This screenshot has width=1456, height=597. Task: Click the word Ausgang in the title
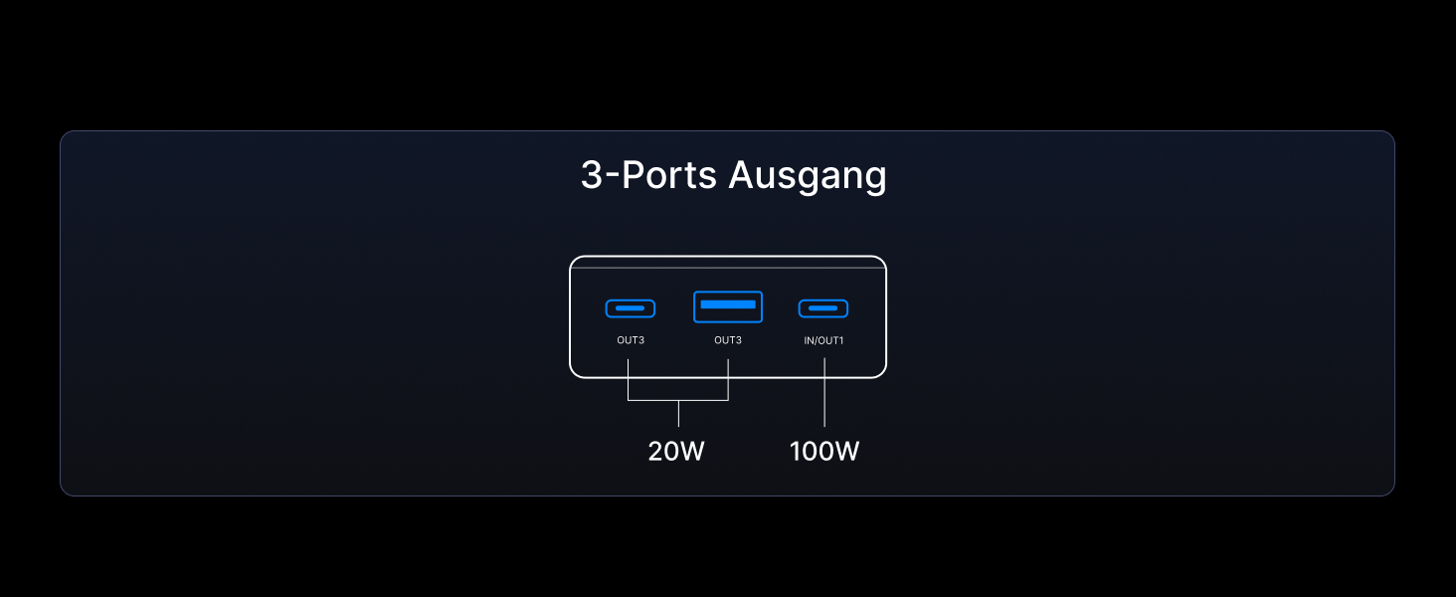click(807, 176)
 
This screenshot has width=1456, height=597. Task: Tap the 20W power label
click(676, 452)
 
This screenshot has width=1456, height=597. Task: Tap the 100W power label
click(824, 452)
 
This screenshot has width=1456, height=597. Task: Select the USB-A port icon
click(728, 306)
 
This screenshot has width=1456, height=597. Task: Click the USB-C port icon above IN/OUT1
click(823, 308)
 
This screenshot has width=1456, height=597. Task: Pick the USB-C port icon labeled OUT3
click(631, 308)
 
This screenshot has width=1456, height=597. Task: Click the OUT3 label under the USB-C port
click(631, 340)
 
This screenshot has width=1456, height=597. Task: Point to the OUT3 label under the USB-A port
click(728, 340)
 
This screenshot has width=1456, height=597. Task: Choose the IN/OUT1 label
click(823, 340)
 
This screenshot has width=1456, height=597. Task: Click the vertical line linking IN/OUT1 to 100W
click(824, 393)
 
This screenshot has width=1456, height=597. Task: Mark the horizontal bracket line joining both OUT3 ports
click(678, 400)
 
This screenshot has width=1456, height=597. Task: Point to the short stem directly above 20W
click(678, 414)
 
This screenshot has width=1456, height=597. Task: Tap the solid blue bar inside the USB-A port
click(728, 302)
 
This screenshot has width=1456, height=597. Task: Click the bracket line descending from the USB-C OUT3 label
click(629, 380)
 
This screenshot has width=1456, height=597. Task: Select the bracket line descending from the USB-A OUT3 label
click(728, 380)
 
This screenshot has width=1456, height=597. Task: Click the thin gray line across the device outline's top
click(728, 268)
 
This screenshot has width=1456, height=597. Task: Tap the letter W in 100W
click(846, 452)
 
